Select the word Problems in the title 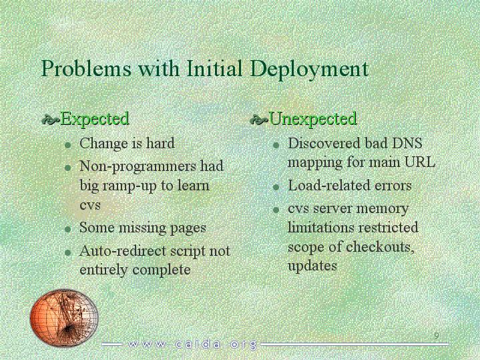coord(86,68)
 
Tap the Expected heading coord(95,120)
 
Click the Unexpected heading coord(313,119)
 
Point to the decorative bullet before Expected coord(51,120)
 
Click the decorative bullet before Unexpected coord(259,120)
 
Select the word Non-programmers coord(138,167)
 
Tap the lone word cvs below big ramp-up coord(90,205)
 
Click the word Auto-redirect coord(123,251)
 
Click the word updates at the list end coord(312,266)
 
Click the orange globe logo coord(64,318)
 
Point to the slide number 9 coord(437,335)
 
